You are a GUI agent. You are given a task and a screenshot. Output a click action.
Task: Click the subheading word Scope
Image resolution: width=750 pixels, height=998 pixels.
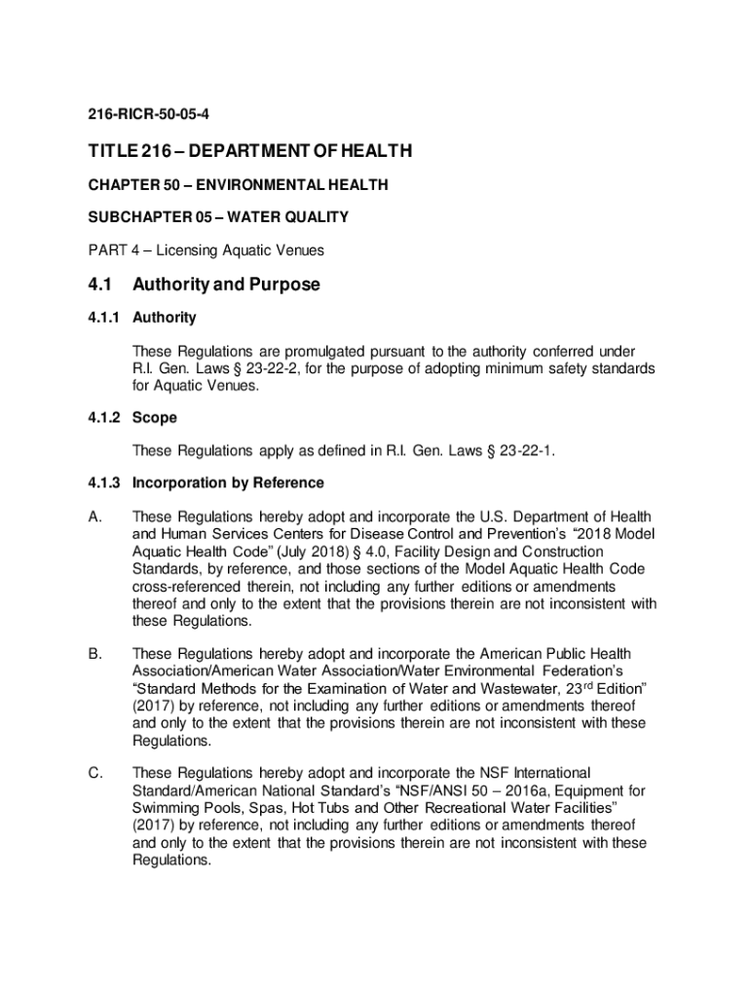[x=155, y=417]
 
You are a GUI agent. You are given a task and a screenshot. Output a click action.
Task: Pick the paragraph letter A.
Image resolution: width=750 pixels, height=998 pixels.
[x=94, y=517]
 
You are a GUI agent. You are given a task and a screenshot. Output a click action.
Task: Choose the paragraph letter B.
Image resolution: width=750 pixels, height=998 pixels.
[x=94, y=653]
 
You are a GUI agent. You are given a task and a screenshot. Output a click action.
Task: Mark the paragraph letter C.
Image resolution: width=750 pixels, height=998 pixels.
[x=94, y=773]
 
